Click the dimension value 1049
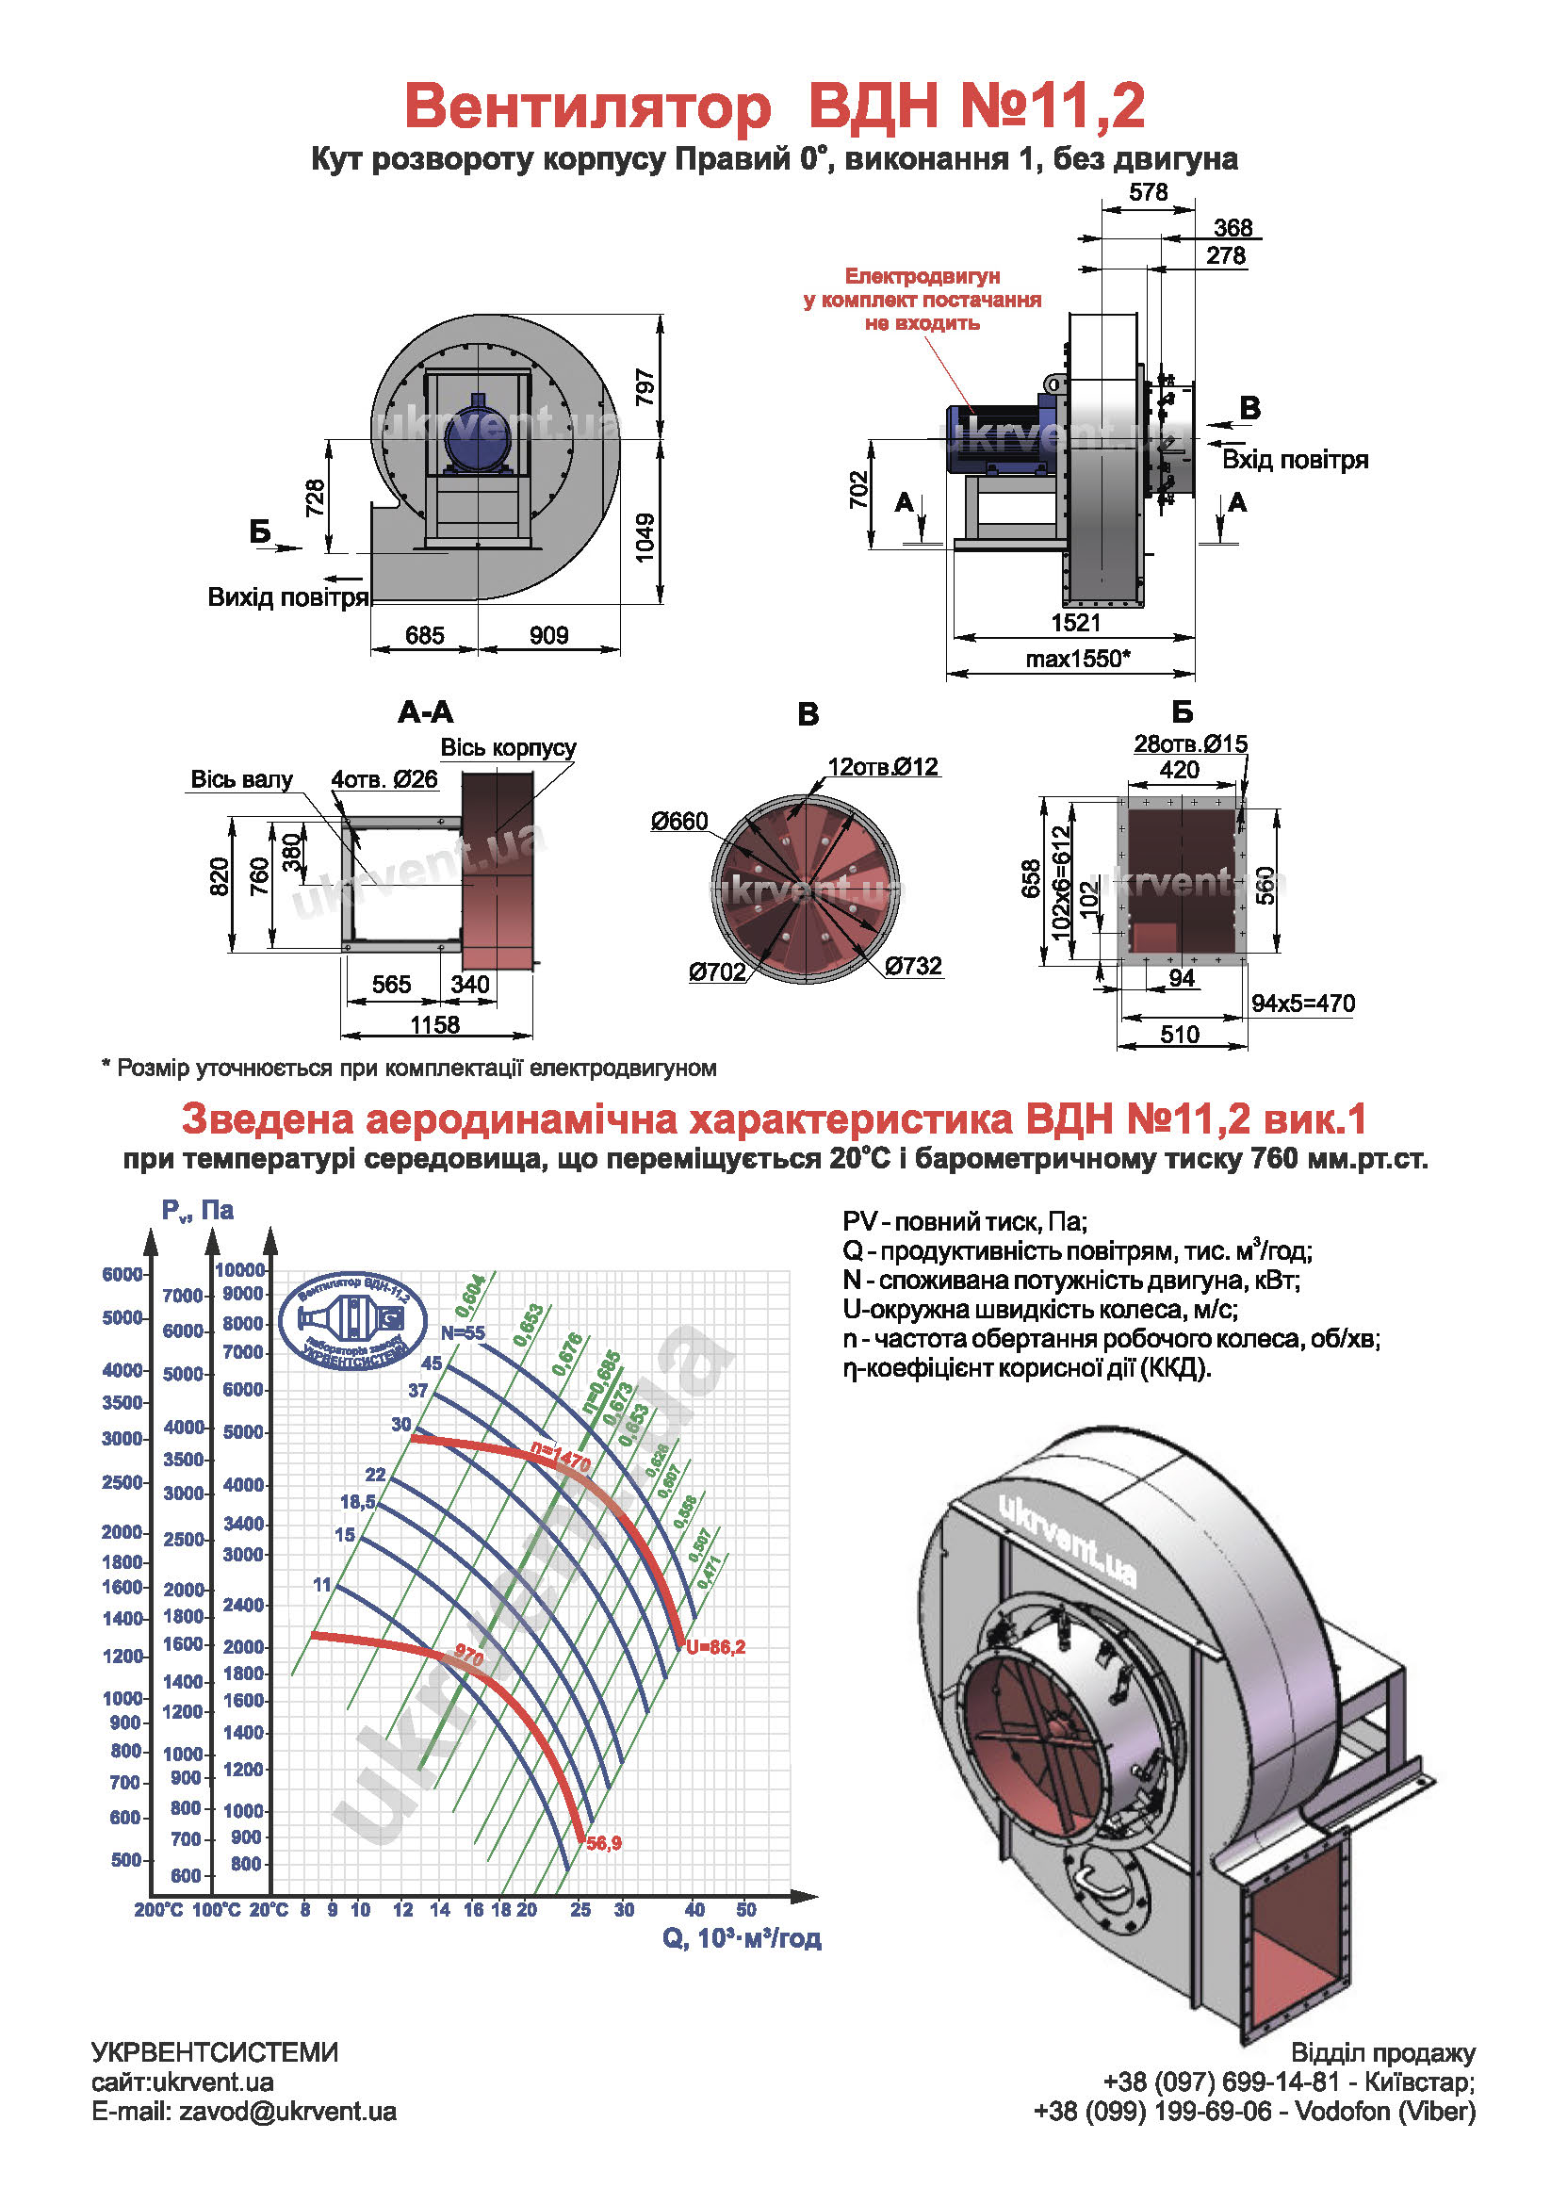point(645,537)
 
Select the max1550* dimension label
point(1078,660)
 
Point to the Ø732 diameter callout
point(913,966)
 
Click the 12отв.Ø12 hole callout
point(883,767)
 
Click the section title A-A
point(425,712)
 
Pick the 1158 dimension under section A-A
point(434,1025)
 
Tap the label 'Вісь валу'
point(242,779)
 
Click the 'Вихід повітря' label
point(288,598)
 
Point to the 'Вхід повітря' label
point(1295,460)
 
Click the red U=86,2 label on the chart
point(716,1647)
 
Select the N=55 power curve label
point(463,1333)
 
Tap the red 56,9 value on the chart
point(604,1844)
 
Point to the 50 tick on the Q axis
point(746,1910)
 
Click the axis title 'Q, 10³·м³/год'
point(742,1939)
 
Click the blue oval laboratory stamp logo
point(352,1322)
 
